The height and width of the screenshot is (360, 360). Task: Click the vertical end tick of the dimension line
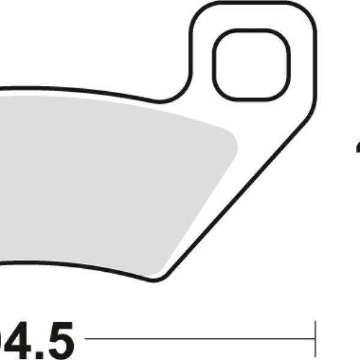tap(315, 340)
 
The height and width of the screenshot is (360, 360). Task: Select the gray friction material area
tap(108, 180)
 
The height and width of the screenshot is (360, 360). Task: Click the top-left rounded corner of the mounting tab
tap(198, 12)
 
